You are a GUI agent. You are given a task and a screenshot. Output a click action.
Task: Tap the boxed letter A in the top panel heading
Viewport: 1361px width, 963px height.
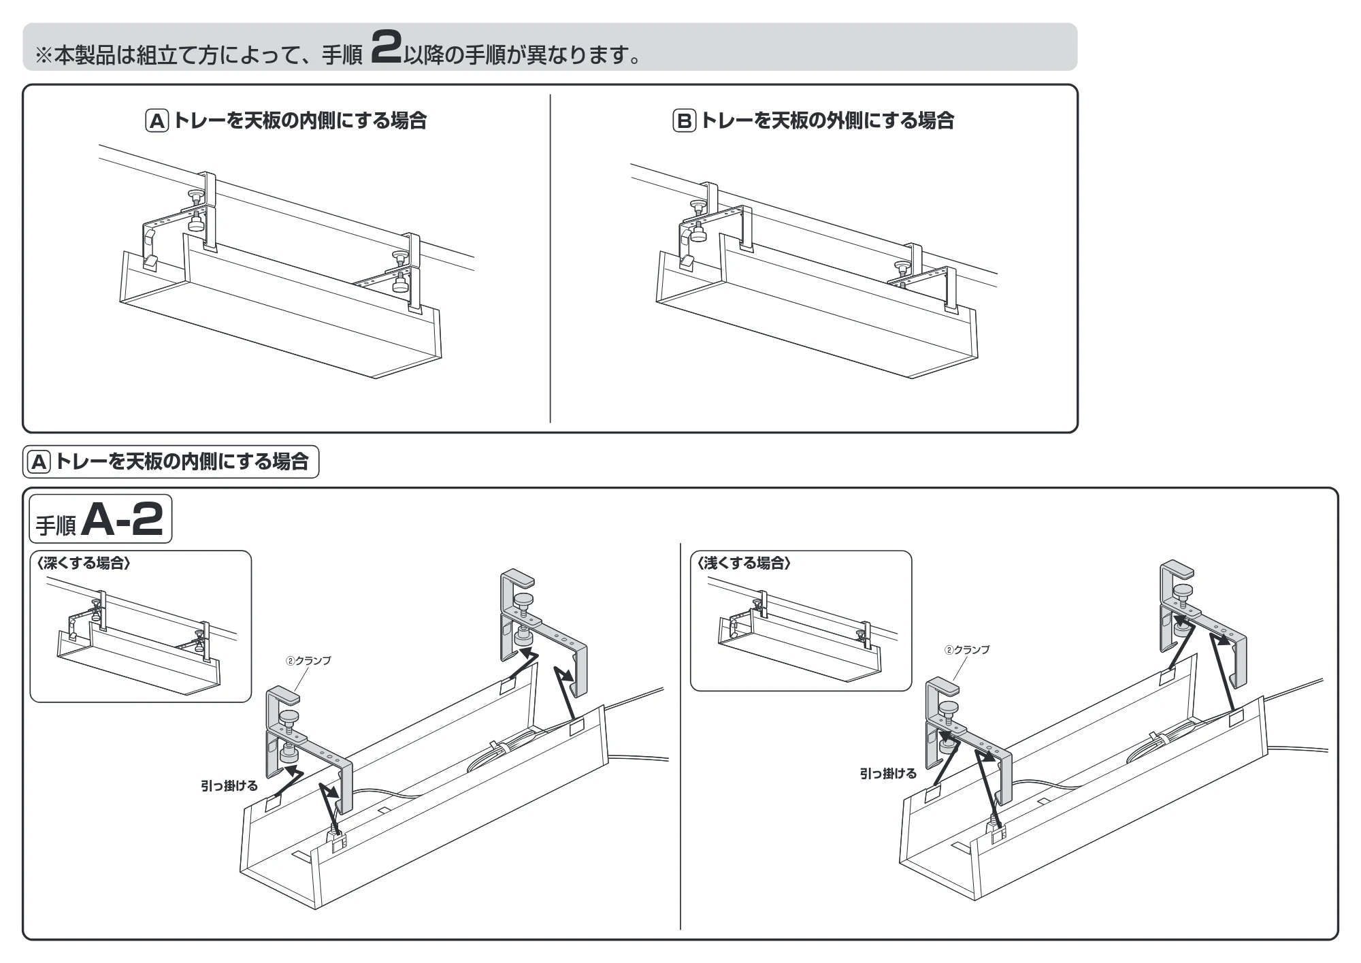[x=157, y=121]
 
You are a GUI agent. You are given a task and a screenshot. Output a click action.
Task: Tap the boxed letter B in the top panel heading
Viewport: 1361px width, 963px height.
[x=684, y=121]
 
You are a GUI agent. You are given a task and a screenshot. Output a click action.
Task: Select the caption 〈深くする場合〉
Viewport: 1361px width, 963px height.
[x=82, y=563]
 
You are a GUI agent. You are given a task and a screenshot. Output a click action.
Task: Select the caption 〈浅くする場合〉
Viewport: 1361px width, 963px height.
[x=743, y=563]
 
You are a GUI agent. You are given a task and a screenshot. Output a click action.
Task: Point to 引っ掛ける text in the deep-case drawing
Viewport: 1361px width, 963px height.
[x=229, y=786]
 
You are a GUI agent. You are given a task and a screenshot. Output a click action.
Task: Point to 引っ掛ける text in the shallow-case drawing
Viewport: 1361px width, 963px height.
[x=888, y=774]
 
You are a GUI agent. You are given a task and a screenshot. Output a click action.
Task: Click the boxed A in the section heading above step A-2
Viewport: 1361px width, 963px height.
[x=39, y=462]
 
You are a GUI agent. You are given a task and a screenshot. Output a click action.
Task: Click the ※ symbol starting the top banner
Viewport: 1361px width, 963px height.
[x=43, y=55]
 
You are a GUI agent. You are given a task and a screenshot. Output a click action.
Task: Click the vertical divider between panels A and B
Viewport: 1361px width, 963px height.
[x=550, y=258]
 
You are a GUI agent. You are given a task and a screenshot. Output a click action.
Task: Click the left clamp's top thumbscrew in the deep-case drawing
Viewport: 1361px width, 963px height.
[x=289, y=717]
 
